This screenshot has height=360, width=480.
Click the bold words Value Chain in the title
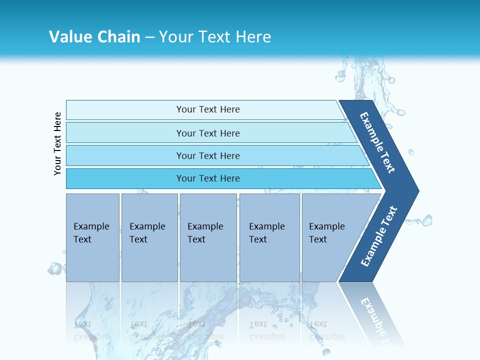(94, 37)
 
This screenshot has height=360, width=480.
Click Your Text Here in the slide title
(215, 37)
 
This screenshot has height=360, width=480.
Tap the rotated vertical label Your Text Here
(57, 143)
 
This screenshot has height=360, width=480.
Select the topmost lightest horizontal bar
(125, 109)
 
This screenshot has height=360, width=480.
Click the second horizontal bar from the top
(125, 133)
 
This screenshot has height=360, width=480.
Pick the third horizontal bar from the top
(125, 155)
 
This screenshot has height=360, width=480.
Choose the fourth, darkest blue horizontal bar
(125, 178)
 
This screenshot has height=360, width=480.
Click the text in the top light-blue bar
(208, 109)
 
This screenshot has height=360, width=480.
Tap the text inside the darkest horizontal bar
(208, 178)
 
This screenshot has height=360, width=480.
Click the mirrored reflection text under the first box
(91, 330)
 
